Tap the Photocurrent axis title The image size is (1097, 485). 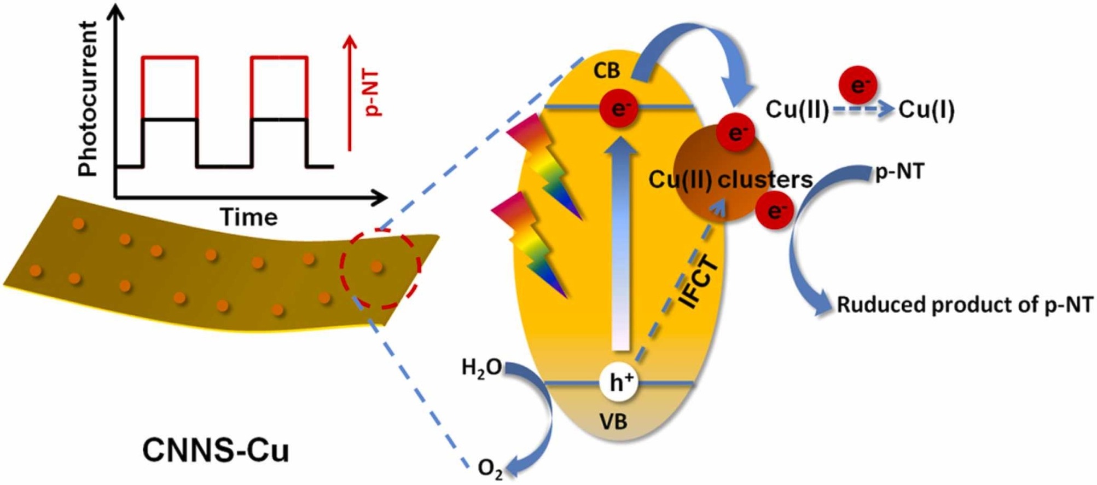[88, 99]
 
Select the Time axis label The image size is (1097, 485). [248, 217]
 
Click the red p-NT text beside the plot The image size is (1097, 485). [374, 93]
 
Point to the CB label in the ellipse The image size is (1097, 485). [607, 71]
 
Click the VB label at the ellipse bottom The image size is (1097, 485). [613, 422]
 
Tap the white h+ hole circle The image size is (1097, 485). [618, 382]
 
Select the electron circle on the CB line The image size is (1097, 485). [619, 109]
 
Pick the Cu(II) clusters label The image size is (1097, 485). [730, 180]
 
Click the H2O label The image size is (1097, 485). [481, 367]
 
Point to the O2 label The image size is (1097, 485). [490, 469]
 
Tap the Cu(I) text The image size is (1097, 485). [926, 109]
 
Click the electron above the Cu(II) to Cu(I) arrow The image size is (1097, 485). [858, 85]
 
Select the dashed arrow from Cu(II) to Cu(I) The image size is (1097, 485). [863, 110]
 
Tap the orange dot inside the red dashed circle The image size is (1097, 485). [376, 267]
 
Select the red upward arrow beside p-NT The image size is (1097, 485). [350, 93]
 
